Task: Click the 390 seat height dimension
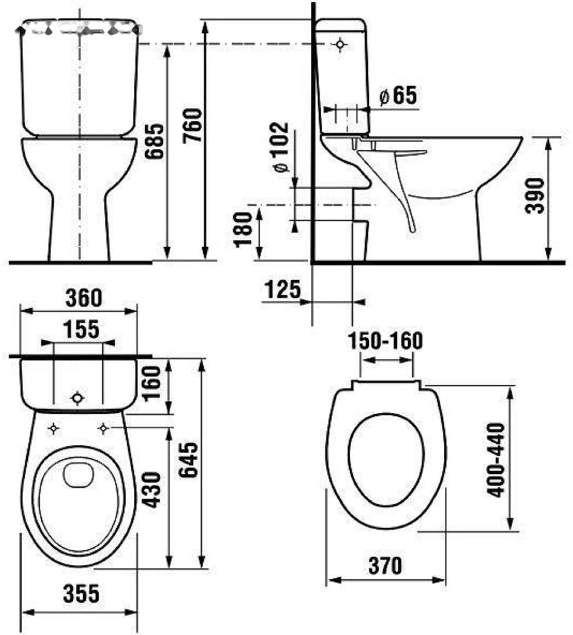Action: (535, 196)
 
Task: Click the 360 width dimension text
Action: (84, 298)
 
